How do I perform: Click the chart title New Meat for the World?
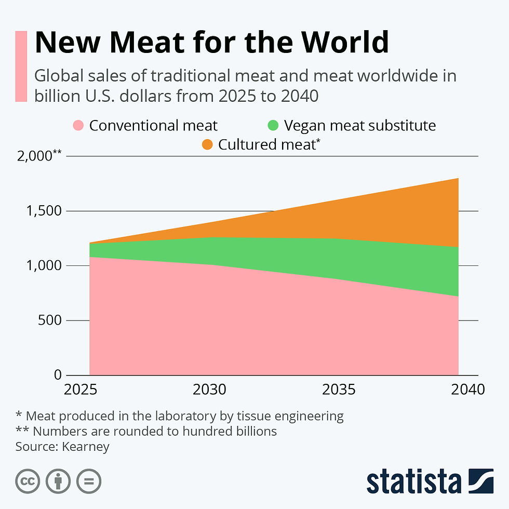pos(211,42)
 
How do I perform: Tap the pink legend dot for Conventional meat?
pos(78,126)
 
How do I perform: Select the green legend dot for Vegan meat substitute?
pos(273,126)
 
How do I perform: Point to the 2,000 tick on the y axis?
pos(39,156)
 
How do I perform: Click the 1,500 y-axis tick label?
pos(43,211)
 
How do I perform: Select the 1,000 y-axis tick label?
pos(43,265)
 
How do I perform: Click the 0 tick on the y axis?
pos(58,375)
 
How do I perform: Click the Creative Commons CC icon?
pos(28,481)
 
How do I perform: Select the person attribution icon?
pos(58,481)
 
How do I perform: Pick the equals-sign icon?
pos(89,481)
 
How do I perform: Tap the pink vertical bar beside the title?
pos(21,66)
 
